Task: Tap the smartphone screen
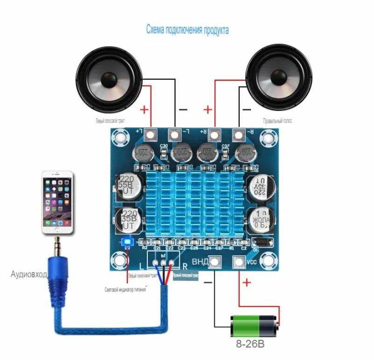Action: click(58, 202)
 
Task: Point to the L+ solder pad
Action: click(150, 135)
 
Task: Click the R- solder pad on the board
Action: click(239, 135)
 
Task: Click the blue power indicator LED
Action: click(127, 242)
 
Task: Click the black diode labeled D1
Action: click(261, 242)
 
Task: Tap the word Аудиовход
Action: click(28, 274)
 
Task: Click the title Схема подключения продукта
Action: click(187, 30)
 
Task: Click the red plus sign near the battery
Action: click(247, 282)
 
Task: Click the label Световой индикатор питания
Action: click(126, 290)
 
